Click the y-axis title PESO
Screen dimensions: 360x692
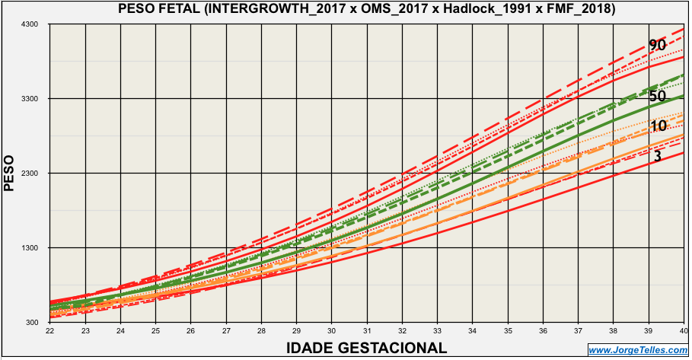click(x=9, y=173)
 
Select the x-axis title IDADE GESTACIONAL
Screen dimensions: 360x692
click(x=366, y=348)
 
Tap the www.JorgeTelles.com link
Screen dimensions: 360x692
click(x=638, y=350)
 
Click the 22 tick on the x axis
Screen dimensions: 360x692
click(x=49, y=332)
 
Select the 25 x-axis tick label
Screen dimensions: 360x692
click(x=155, y=332)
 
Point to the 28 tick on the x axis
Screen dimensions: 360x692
click(x=261, y=332)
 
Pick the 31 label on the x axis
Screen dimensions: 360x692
click(x=367, y=332)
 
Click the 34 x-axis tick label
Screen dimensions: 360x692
click(x=473, y=332)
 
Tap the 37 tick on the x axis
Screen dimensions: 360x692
click(x=579, y=332)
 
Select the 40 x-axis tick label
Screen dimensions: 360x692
click(x=684, y=332)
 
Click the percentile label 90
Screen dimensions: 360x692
click(x=658, y=46)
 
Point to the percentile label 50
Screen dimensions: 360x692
click(x=658, y=97)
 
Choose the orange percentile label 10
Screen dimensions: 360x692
click(x=659, y=126)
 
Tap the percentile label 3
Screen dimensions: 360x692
click(x=657, y=156)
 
